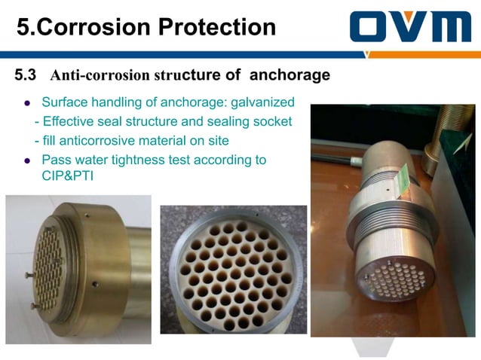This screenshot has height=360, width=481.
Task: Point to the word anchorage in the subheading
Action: (x=290, y=75)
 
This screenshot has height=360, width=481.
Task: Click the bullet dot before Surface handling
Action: (x=27, y=103)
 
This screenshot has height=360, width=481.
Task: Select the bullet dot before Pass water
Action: (x=27, y=160)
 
